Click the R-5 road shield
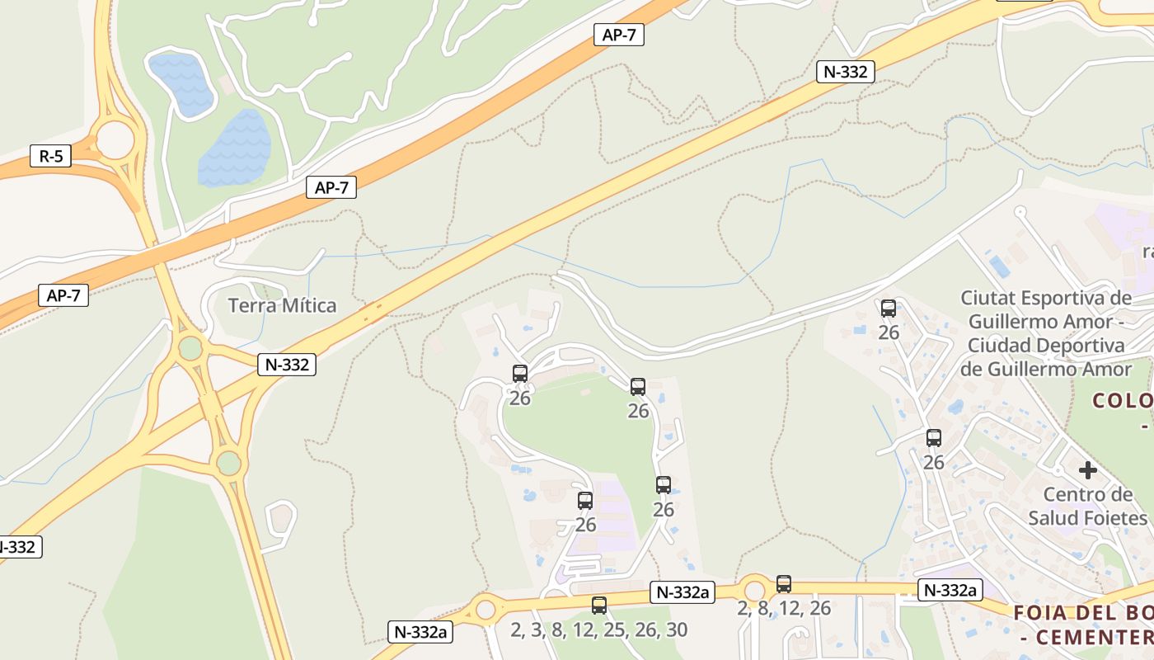(50, 156)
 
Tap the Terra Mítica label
(282, 305)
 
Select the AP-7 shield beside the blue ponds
(331, 187)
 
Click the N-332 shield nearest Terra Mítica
(287, 364)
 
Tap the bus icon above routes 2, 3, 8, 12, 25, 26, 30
(599, 605)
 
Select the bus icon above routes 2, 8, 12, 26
(783, 584)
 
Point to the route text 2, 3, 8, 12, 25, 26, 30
(598, 629)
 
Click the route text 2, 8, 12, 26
(784, 608)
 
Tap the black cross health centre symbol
(1088, 470)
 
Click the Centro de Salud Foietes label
(1088, 506)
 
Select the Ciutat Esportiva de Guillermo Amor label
(1047, 332)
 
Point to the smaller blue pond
(180, 82)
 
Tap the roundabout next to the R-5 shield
(115, 139)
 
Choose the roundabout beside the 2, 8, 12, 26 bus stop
(754, 591)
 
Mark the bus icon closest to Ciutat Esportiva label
(888, 309)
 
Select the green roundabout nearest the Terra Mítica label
(190, 347)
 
